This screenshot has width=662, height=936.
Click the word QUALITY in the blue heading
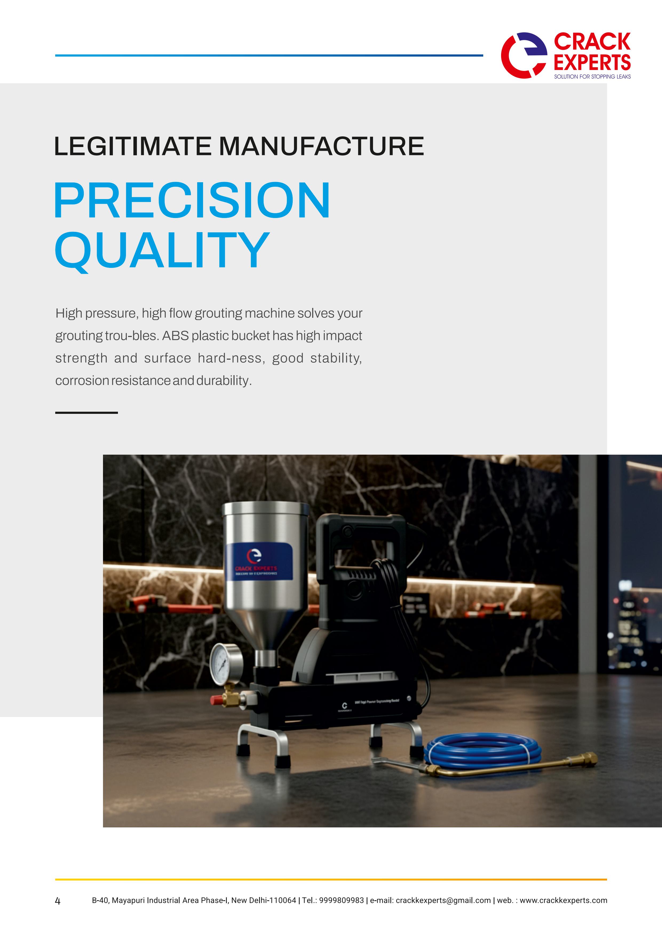pyautogui.click(x=162, y=249)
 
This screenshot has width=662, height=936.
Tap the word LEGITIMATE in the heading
pyautogui.click(x=133, y=146)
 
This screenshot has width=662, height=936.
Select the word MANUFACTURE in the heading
pyautogui.click(x=321, y=146)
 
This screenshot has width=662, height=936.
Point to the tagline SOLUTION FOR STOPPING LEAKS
pyautogui.click(x=592, y=77)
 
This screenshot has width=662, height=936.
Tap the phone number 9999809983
pyautogui.click(x=341, y=900)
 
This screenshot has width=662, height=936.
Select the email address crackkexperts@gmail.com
pyautogui.click(x=443, y=900)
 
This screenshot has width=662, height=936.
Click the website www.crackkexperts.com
pyautogui.click(x=563, y=900)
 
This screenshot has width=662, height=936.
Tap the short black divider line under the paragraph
pyautogui.click(x=86, y=413)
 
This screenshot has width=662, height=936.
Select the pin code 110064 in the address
pyautogui.click(x=283, y=900)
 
